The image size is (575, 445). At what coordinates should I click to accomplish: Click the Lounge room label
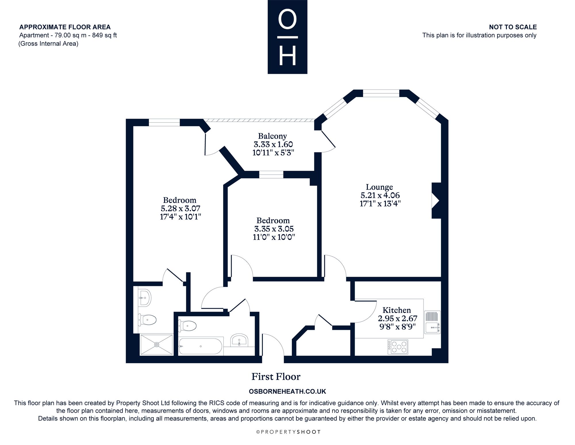[x=379, y=187]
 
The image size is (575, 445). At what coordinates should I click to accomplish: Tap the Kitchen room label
[x=397, y=310]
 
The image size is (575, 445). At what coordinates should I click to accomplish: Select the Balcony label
[x=272, y=136]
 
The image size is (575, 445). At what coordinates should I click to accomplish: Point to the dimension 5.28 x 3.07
[x=180, y=208]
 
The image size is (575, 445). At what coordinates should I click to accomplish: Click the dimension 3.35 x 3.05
[x=274, y=229]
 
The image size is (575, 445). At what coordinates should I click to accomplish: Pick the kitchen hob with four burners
[x=398, y=347]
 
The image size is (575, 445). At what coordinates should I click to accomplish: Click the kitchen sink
[x=432, y=322]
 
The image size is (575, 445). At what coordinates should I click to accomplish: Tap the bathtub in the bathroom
[x=200, y=346]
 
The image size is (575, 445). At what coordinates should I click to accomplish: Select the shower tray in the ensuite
[x=157, y=344]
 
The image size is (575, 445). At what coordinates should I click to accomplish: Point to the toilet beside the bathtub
[x=187, y=326]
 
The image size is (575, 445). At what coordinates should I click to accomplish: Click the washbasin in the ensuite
[x=144, y=298]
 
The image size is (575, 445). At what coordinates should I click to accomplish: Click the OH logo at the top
[x=287, y=37]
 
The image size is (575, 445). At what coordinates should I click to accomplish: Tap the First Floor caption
[x=276, y=377]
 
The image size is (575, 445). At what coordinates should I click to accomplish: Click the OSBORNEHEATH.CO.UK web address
[x=287, y=391]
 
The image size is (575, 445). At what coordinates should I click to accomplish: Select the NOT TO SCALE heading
[x=513, y=27]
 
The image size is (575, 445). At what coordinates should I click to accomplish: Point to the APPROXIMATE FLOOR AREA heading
[x=65, y=27]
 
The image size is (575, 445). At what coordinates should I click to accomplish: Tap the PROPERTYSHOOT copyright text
[x=288, y=432]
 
